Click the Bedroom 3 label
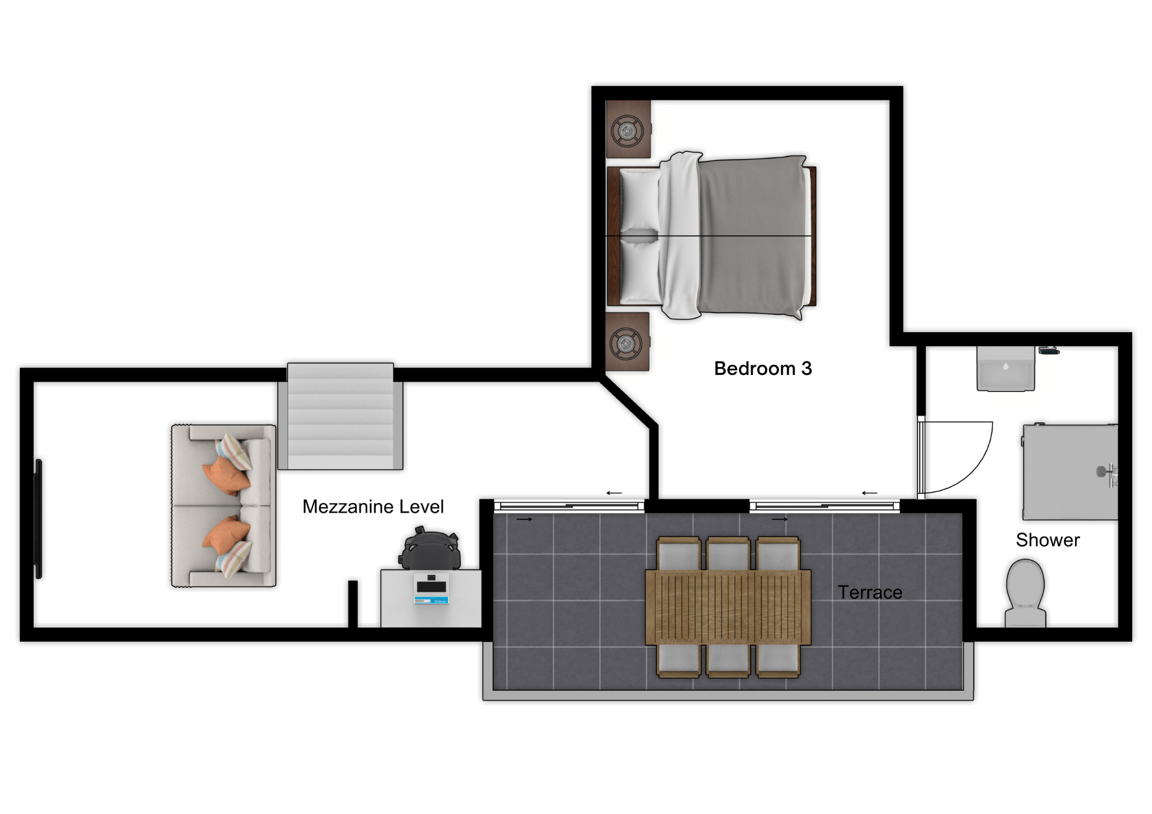tap(763, 369)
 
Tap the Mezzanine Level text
tap(373, 507)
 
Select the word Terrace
tap(870, 593)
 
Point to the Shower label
tap(1047, 540)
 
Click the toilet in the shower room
tap(1025, 594)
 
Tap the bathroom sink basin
tap(1006, 369)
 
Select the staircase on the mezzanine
tap(340, 417)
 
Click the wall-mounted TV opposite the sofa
tap(39, 519)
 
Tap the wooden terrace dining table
tap(728, 607)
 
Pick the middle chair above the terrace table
tap(728, 554)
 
